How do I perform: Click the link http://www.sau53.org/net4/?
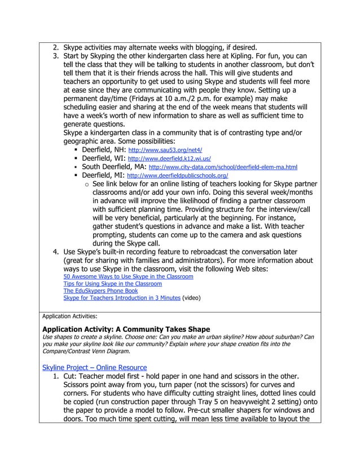point(165,151)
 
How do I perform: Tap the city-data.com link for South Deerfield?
point(222,168)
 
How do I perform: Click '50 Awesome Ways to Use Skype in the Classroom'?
point(128,276)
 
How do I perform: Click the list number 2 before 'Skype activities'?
point(55,47)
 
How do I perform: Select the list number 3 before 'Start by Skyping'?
point(55,56)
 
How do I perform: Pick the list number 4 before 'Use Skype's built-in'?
point(55,252)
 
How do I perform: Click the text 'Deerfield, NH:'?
point(104,151)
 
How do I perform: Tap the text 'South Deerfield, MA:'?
point(113,168)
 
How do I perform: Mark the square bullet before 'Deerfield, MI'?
point(75,176)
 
